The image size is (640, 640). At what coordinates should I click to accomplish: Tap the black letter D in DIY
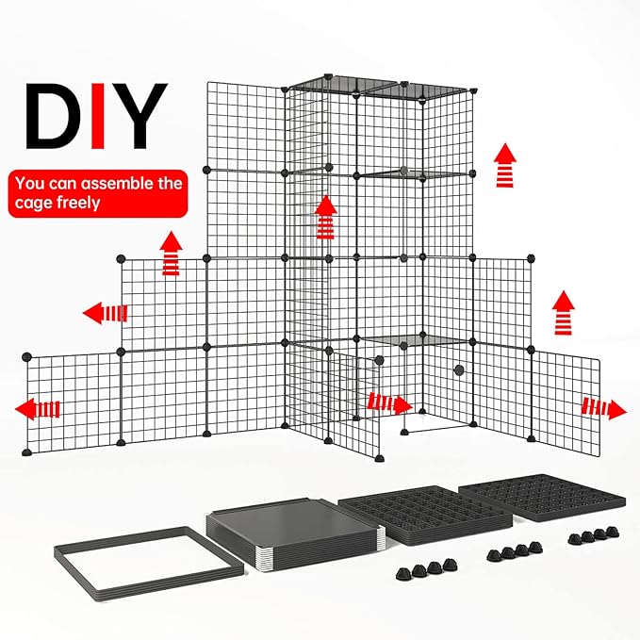click(x=52, y=117)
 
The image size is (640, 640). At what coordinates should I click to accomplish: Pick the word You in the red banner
click(x=30, y=183)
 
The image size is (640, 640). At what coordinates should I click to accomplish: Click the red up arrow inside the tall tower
click(x=326, y=218)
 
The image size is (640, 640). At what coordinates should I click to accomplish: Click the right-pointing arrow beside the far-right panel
click(x=604, y=408)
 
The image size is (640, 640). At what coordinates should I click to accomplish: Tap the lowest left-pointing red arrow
click(x=39, y=408)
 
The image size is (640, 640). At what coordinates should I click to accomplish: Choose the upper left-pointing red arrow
click(x=105, y=313)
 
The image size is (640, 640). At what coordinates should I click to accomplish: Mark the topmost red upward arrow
click(x=506, y=166)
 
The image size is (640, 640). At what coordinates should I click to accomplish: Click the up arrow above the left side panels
click(x=171, y=254)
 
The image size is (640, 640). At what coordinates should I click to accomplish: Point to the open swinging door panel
click(x=358, y=406)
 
